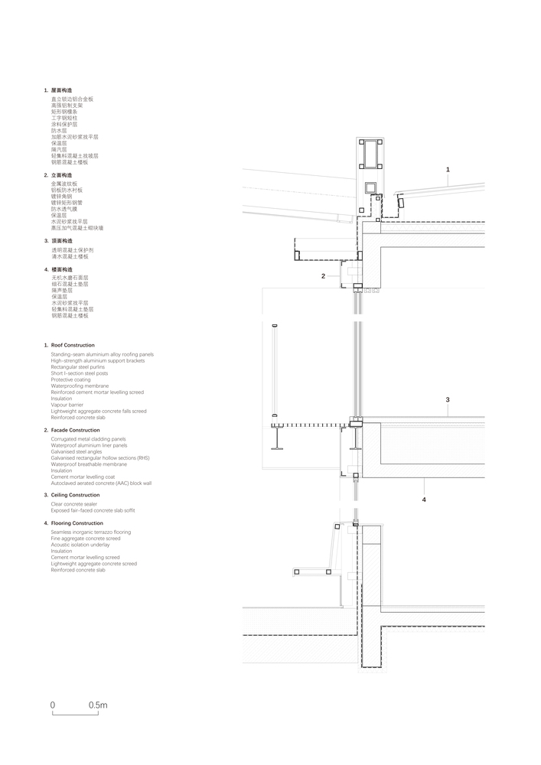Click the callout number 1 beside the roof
(448, 169)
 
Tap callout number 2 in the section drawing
(323, 275)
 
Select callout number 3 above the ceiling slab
(448, 399)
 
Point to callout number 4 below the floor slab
(423, 500)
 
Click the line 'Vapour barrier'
(67, 405)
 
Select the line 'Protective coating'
(71, 379)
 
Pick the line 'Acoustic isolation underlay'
(80, 545)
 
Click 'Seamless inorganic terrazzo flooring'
(91, 532)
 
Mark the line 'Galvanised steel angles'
(76, 452)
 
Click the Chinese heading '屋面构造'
(62, 90)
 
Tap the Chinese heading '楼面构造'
(62, 269)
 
